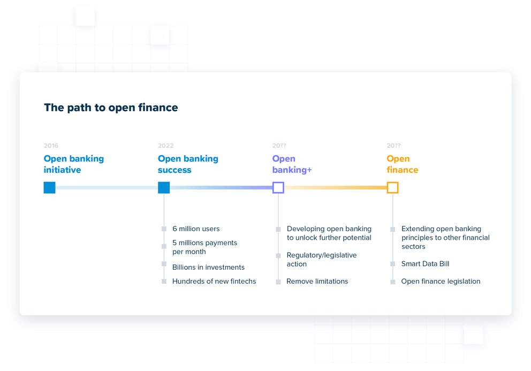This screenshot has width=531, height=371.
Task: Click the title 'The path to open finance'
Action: click(111, 108)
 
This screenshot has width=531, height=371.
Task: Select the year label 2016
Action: click(51, 146)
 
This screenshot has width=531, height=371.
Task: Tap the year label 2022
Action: click(165, 146)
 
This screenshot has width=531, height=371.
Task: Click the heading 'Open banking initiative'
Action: click(74, 164)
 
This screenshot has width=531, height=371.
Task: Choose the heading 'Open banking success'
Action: click(188, 164)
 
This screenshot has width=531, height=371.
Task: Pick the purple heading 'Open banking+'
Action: click(292, 164)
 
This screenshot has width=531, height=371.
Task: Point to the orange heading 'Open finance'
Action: click(403, 164)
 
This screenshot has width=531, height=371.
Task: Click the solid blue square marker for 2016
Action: click(50, 187)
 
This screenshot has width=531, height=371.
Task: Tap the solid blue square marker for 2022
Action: click(164, 187)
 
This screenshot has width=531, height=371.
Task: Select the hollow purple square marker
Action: click(278, 187)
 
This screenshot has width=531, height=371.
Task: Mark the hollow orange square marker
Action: click(392, 187)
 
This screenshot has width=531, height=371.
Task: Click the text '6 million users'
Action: click(196, 229)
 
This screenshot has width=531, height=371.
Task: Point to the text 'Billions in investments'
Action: click(208, 267)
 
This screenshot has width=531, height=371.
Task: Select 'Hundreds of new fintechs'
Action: click(214, 281)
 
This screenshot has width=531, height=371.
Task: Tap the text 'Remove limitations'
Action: click(317, 281)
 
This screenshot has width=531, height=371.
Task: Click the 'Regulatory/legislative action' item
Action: click(321, 260)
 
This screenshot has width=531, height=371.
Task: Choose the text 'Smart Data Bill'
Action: click(425, 263)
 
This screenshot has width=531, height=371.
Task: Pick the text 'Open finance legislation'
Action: click(441, 281)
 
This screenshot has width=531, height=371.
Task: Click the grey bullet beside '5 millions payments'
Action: click(164, 246)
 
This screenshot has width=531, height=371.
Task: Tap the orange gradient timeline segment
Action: click(335, 187)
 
